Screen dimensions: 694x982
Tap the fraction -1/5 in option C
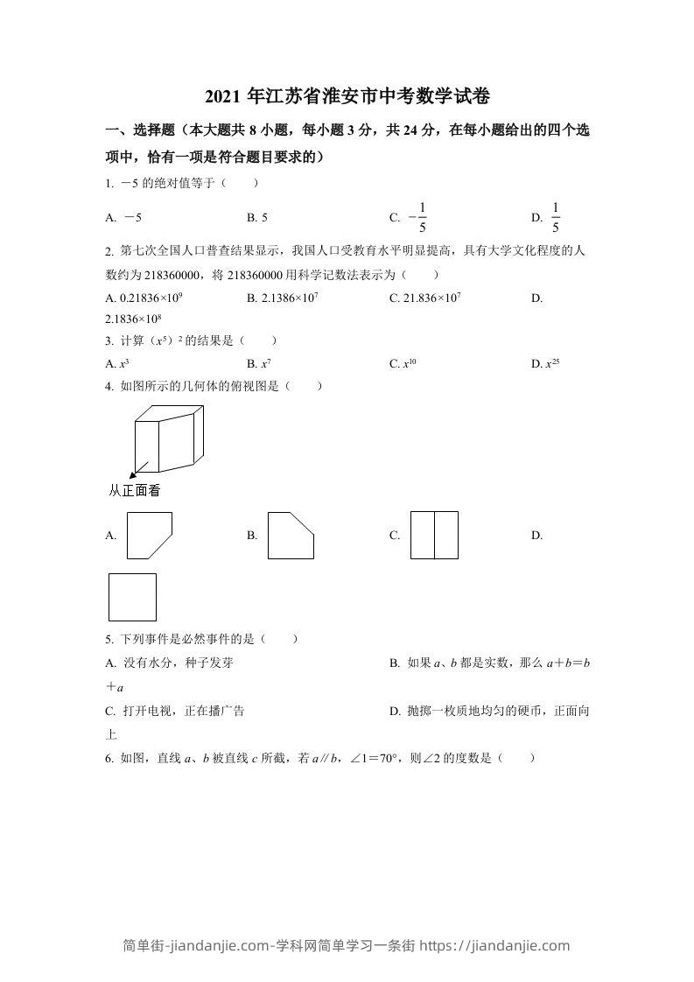[x=417, y=217]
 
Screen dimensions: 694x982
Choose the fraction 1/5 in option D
[x=555, y=217]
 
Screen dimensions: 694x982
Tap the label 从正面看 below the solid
[x=134, y=491]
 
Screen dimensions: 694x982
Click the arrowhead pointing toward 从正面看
[x=136, y=471]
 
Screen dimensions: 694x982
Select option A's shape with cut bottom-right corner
[x=149, y=536]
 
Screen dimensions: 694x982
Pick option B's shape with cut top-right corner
[x=291, y=536]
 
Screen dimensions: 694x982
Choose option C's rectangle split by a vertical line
[x=434, y=535]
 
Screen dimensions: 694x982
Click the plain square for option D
[x=132, y=597]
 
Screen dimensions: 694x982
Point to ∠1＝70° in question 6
[x=372, y=759]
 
